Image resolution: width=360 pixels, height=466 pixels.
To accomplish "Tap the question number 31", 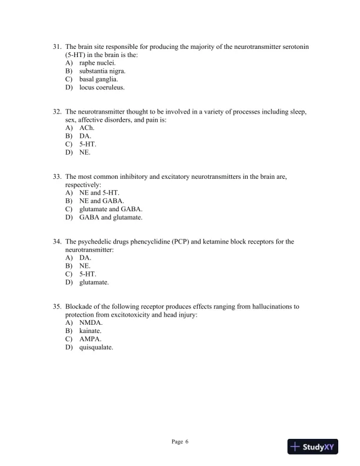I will tap(57, 46).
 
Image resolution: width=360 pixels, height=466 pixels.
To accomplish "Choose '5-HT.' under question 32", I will tap(88, 144).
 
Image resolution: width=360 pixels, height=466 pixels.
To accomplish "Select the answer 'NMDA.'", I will tap(91, 323).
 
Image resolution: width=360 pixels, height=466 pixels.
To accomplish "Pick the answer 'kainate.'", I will tap(91, 331).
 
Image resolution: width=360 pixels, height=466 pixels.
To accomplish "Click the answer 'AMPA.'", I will tap(91, 339).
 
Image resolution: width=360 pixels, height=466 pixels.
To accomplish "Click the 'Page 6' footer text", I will tap(180, 441).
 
